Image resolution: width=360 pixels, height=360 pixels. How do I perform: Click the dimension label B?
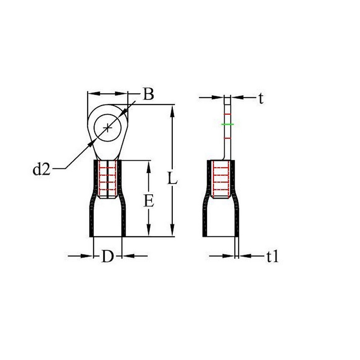(148, 94)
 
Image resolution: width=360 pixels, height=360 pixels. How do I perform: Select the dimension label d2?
(41, 170)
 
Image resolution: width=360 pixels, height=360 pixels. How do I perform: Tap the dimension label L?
(172, 178)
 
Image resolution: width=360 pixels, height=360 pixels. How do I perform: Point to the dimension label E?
(149, 201)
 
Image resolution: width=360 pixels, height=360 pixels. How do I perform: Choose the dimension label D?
(108, 256)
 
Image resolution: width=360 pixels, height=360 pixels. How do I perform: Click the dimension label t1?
(273, 256)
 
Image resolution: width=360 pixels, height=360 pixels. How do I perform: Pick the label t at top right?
(261, 99)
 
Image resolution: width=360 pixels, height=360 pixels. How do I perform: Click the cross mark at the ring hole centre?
(108, 128)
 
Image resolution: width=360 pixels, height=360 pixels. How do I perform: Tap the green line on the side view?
(228, 125)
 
